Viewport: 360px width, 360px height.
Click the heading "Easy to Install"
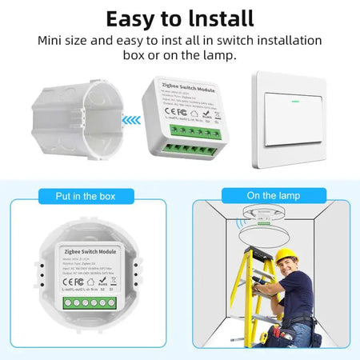[x=179, y=18]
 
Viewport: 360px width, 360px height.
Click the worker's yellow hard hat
[x=286, y=257]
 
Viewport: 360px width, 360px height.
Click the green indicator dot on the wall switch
[x=290, y=102]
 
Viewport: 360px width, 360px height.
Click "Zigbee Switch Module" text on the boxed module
[x=90, y=250]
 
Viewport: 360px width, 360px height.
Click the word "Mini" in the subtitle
[x=51, y=40]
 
